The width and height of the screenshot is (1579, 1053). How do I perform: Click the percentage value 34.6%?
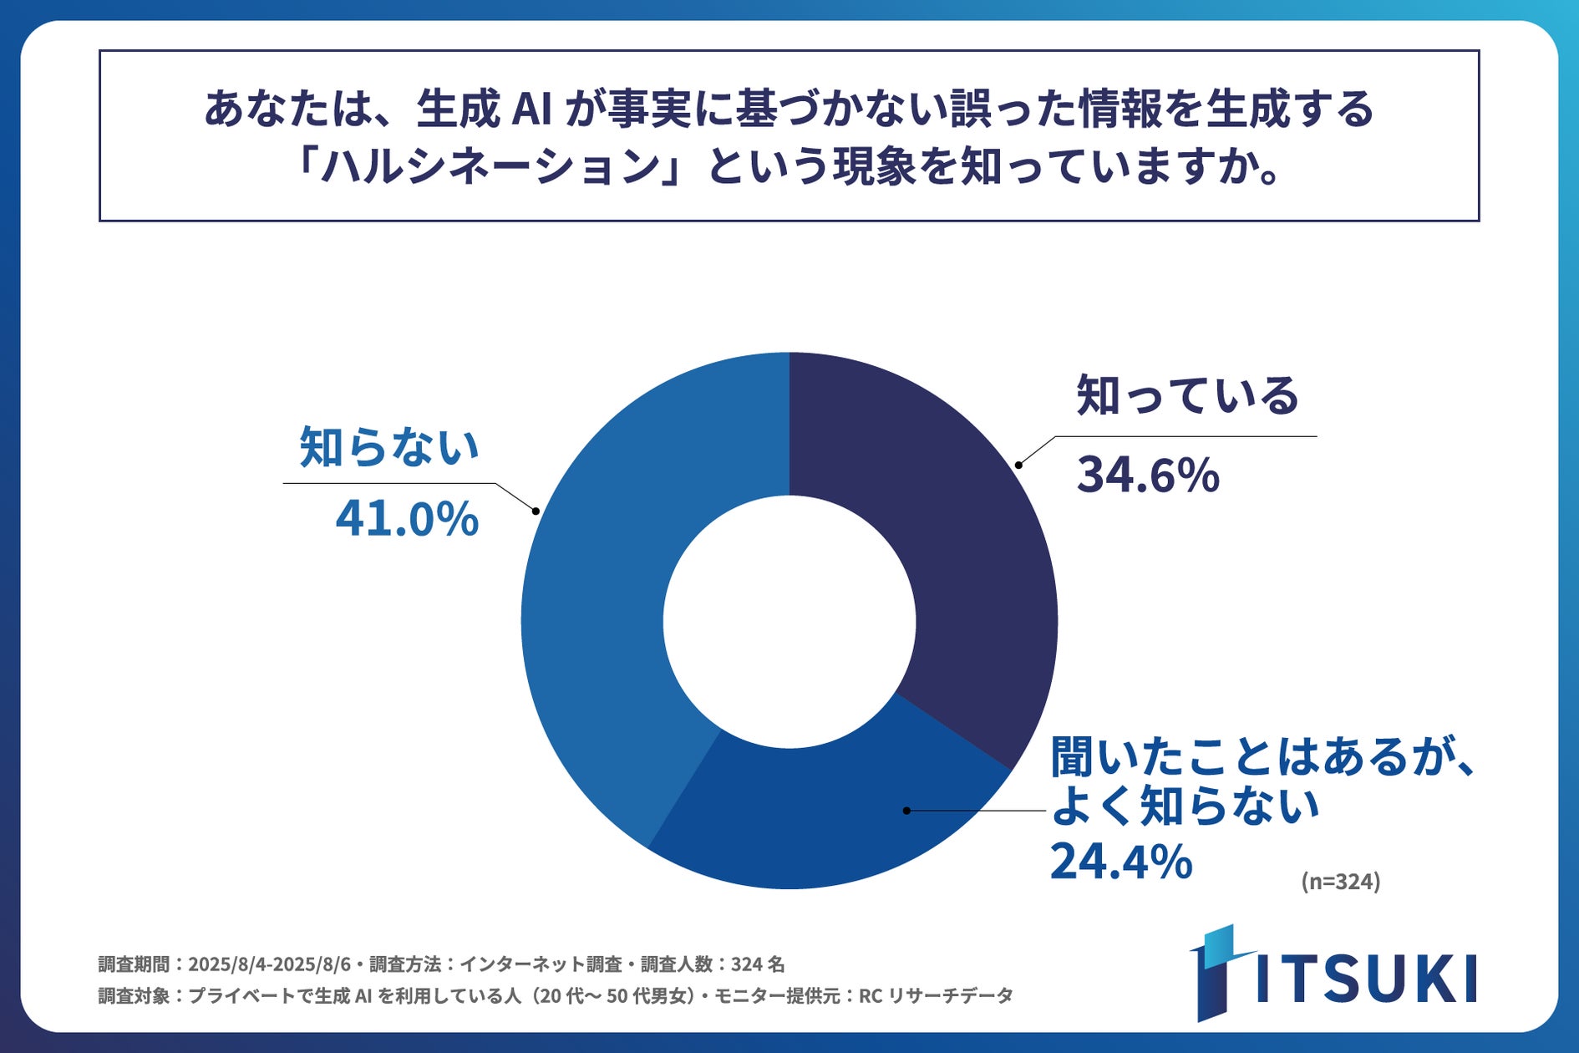tap(1148, 475)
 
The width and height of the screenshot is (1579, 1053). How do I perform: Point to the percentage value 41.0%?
tap(407, 518)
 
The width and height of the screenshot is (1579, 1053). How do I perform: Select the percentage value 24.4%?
tap(1120, 862)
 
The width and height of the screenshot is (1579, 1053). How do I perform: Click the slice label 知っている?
tap(1187, 395)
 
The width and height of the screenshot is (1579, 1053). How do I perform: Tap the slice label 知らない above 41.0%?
tap(389, 446)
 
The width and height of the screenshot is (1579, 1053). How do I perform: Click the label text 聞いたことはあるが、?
tap(1262, 756)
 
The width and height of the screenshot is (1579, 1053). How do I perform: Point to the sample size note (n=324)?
tap(1340, 882)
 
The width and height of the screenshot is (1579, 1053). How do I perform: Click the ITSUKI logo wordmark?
tap(1366, 978)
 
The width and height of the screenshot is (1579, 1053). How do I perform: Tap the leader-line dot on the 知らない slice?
tap(536, 511)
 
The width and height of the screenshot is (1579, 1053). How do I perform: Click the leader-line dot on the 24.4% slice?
tap(906, 811)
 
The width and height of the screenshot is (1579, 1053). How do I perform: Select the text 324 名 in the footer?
tap(758, 964)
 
